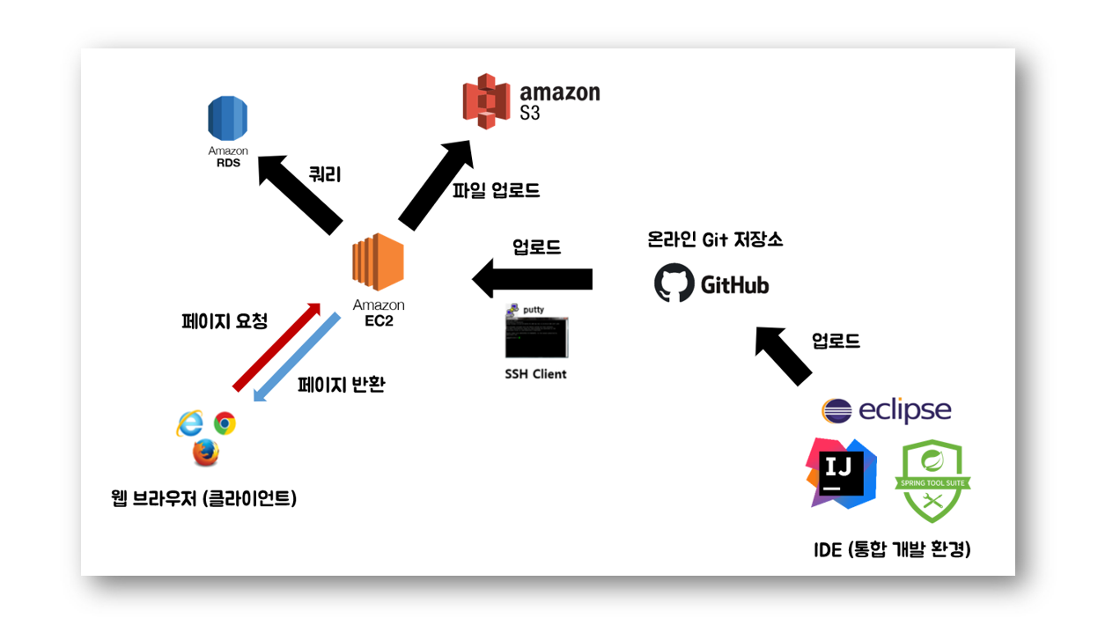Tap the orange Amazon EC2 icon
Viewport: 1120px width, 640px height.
(378, 263)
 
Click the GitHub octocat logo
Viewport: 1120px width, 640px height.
(674, 284)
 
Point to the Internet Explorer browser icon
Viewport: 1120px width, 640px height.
(189, 423)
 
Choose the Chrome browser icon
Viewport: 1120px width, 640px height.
(224, 423)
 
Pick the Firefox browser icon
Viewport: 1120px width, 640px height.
(205, 452)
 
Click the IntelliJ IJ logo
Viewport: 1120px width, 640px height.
(842, 472)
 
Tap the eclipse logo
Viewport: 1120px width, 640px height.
(887, 410)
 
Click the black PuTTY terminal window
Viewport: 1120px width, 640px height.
(535, 336)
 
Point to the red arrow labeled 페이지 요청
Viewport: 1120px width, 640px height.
(276, 345)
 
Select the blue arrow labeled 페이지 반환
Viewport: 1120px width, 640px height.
(296, 356)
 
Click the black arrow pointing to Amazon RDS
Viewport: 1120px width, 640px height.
(299, 193)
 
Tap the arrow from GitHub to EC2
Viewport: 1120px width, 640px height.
(533, 280)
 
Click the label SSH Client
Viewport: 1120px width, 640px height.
(535, 374)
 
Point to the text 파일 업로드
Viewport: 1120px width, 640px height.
(496, 190)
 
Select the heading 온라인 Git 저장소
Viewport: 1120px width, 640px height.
(714, 239)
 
